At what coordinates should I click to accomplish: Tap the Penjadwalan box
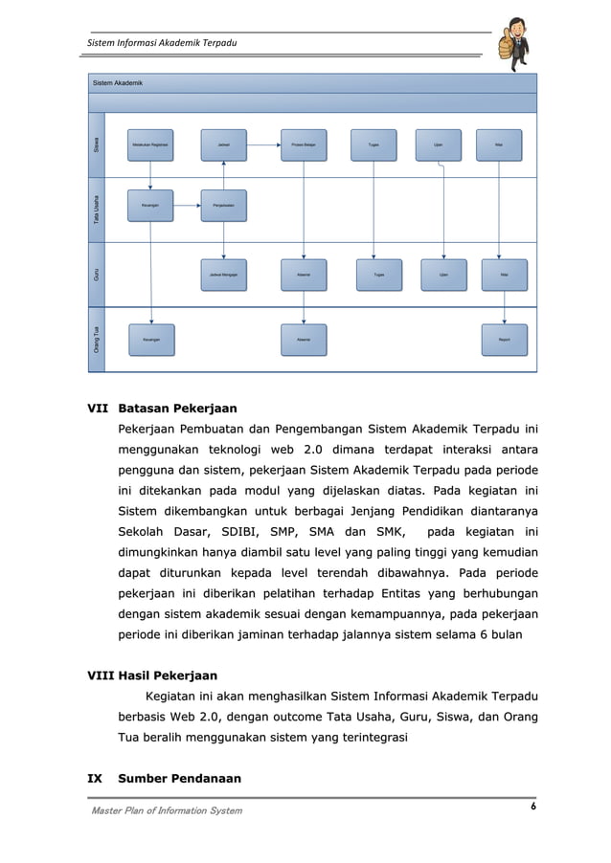[223, 206]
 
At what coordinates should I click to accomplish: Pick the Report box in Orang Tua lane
[504, 339]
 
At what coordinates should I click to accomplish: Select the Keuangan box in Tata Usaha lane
[150, 206]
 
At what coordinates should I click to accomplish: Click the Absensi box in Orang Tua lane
[304, 339]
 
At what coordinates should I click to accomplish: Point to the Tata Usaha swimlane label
[96, 210]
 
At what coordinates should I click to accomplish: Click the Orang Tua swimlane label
[96, 340]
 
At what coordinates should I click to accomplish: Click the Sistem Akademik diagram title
[118, 84]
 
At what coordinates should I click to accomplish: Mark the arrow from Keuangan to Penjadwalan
[187, 206]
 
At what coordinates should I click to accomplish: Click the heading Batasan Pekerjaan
[177, 409]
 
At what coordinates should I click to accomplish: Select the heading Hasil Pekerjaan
[167, 675]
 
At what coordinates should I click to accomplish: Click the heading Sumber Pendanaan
[178, 779]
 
